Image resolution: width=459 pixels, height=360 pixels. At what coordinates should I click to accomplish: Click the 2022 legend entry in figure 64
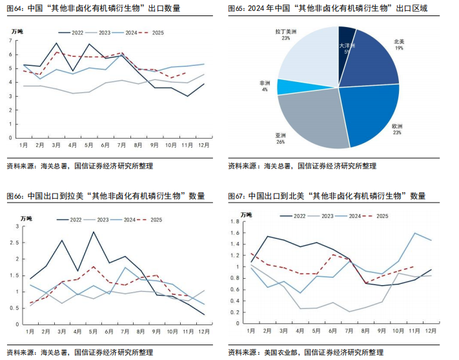point(73,32)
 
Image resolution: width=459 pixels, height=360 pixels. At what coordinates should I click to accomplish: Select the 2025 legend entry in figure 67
point(377,215)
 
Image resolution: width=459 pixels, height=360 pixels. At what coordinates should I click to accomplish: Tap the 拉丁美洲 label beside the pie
point(285,31)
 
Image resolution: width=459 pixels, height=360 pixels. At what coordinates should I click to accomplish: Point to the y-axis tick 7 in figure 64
point(10,41)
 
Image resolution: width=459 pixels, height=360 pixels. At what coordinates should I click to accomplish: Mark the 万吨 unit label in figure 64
point(17,31)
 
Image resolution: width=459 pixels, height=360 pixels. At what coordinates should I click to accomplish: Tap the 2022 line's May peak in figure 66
point(93,232)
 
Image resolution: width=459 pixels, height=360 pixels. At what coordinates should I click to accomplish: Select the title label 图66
point(15,195)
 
